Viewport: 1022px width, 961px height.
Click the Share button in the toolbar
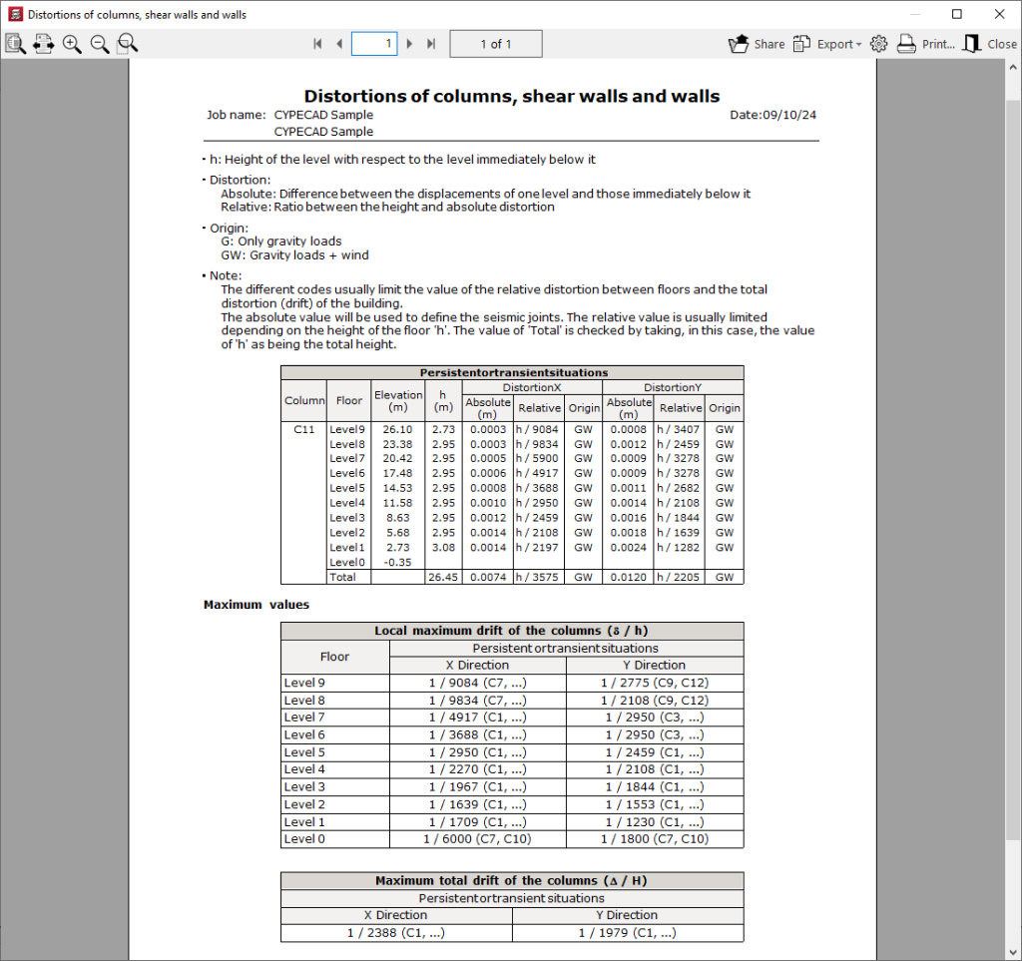click(757, 44)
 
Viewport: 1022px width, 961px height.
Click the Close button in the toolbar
click(990, 44)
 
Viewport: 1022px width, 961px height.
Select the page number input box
click(374, 44)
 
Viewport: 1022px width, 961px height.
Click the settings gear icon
click(878, 44)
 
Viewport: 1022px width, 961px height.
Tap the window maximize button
click(957, 14)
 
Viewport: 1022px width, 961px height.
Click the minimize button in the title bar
click(911, 14)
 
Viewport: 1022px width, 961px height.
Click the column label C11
click(305, 429)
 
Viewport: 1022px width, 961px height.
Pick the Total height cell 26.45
click(442, 577)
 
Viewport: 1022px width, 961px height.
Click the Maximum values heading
click(256, 605)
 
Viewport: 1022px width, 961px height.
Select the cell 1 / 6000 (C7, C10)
click(477, 839)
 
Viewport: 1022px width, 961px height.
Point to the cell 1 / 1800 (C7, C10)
click(654, 839)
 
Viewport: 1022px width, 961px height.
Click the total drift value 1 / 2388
click(396, 933)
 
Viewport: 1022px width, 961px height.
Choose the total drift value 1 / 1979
click(627, 933)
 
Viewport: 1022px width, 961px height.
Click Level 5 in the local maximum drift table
click(304, 752)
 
